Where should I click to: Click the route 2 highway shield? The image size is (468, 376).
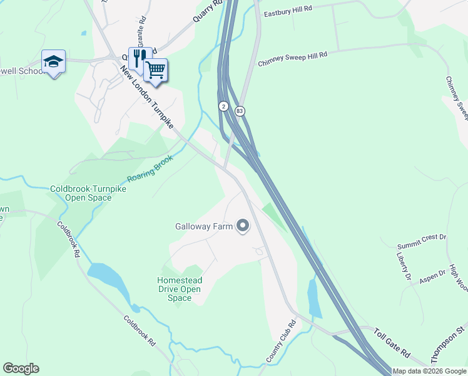pyautogui.click(x=223, y=107)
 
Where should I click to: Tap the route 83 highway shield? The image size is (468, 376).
pyautogui.click(x=240, y=111)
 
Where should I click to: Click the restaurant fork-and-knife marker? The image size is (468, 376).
pyautogui.click(x=140, y=58)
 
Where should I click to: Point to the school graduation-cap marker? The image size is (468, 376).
pyautogui.click(x=54, y=62)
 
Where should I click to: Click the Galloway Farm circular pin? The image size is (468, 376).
pyautogui.click(x=243, y=226)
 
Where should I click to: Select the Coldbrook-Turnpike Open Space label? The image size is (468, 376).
pyautogui.click(x=81, y=193)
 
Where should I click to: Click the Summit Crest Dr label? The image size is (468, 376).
pyautogui.click(x=422, y=237)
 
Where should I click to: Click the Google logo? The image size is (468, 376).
pyautogui.click(x=21, y=368)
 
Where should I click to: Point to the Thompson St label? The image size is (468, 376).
pyautogui.click(x=449, y=344)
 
